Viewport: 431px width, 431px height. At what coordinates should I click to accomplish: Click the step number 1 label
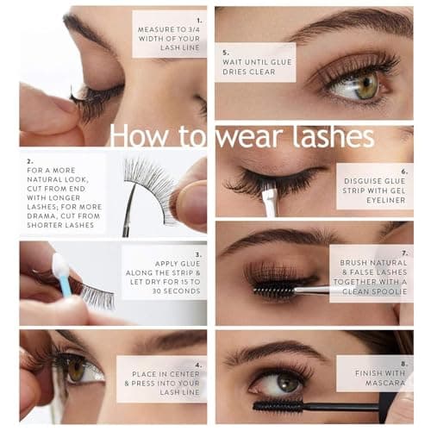(198, 18)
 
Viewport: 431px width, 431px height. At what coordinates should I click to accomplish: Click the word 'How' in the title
(139, 135)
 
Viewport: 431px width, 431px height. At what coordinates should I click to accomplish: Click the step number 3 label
(198, 254)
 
